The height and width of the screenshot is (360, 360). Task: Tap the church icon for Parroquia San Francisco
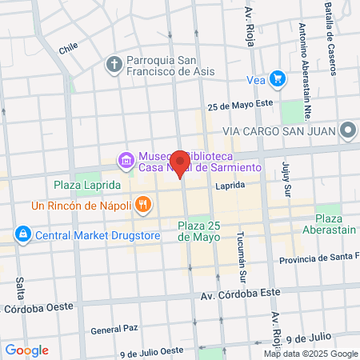[114, 63]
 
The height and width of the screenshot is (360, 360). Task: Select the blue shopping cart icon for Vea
[277, 78]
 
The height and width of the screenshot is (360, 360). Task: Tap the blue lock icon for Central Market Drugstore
[22, 234]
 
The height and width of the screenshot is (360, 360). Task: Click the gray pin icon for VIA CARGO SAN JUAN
[347, 130]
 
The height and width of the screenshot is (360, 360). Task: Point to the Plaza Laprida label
[87, 185]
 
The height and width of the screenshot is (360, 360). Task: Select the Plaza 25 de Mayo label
[198, 230]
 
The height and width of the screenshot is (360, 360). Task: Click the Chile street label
[67, 48]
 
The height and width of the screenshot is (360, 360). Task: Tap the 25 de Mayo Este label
[240, 106]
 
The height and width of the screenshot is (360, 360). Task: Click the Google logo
[26, 350]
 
